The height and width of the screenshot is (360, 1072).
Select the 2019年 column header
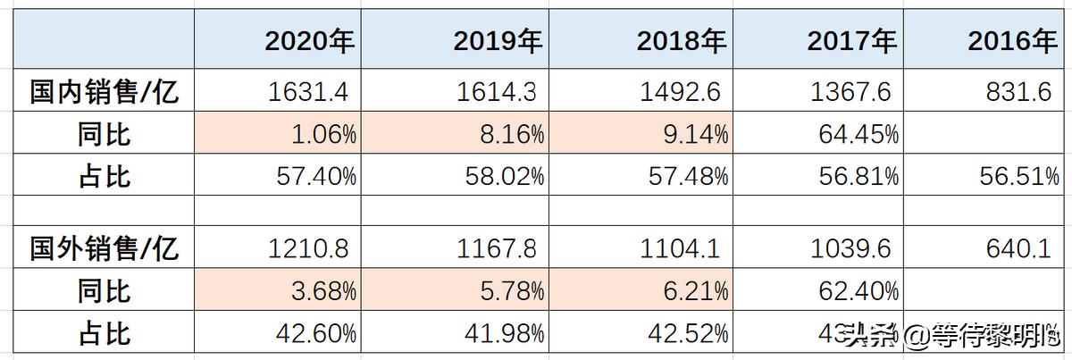(x=498, y=41)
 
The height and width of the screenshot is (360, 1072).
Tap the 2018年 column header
(x=682, y=41)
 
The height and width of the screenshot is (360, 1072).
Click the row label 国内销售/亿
(x=105, y=93)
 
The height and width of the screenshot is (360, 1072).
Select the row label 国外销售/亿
(x=105, y=248)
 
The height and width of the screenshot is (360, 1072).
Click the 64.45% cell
(x=858, y=135)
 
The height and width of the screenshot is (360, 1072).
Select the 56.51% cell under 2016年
(x=1019, y=176)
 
